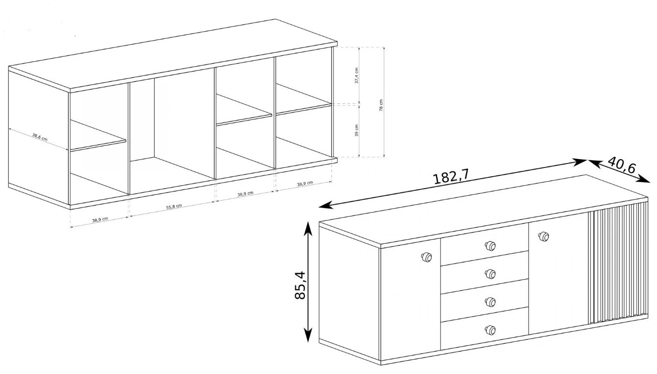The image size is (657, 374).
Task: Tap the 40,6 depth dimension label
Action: [622, 165]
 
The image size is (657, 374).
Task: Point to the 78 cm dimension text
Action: [381, 105]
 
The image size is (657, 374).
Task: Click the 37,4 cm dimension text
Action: [357, 75]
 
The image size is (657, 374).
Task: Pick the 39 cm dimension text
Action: [357, 130]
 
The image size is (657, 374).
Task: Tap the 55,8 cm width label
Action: [174, 207]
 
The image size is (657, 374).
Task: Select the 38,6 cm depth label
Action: [40, 137]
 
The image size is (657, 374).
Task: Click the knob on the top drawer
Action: [490, 246]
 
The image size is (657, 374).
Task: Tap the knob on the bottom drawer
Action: [490, 330]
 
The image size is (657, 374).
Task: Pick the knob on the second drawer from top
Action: [490, 274]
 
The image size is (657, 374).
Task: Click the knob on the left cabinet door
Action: [426, 257]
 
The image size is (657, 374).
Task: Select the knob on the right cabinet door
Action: [543, 236]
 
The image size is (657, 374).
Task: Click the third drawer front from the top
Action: [485, 300]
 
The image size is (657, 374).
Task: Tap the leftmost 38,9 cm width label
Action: [100, 219]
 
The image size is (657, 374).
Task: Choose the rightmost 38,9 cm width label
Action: [305, 184]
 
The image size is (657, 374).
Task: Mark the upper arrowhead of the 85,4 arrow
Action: [307, 228]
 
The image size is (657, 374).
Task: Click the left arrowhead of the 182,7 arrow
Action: [325, 205]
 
